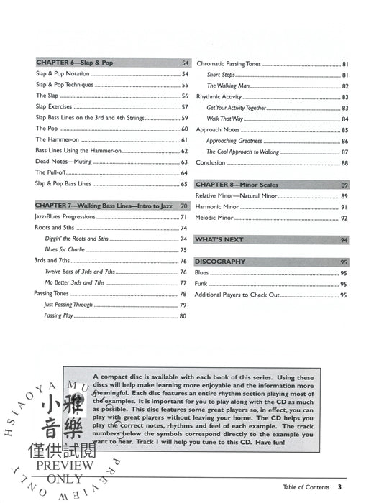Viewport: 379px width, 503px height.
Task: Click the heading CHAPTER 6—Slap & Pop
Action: [x=74, y=63]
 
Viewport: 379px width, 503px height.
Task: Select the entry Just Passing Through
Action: [x=69, y=305]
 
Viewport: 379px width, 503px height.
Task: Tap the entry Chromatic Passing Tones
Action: [x=228, y=63]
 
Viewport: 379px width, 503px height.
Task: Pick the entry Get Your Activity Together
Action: [x=236, y=107]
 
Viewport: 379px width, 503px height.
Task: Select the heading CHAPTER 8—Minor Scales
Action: [x=237, y=185]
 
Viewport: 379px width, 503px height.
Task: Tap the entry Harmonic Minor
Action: [x=218, y=207]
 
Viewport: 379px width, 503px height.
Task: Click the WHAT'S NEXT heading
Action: [x=219, y=239]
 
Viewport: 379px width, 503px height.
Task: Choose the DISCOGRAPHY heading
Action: [x=221, y=262]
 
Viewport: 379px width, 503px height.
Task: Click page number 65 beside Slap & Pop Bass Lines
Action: [x=184, y=184]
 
